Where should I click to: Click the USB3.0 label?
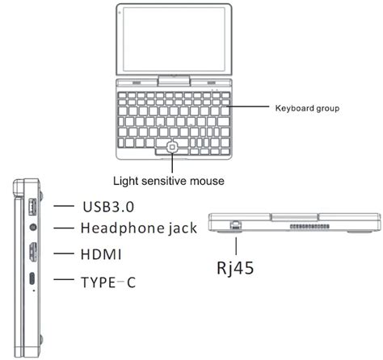(108, 207)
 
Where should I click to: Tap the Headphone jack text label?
(139, 228)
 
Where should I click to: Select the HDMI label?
(101, 254)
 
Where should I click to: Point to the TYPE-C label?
(108, 283)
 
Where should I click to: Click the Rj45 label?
(235, 268)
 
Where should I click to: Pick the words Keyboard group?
(307, 108)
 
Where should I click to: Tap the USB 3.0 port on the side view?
(32, 207)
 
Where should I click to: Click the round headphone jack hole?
(33, 228)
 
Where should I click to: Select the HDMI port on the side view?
(33, 253)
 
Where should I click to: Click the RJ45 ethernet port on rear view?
(236, 225)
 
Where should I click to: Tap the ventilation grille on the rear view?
(309, 227)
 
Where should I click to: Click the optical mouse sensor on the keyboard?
(172, 147)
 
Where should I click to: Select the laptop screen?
(174, 40)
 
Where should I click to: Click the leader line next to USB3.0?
(64, 206)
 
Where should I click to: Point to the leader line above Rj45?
(236, 246)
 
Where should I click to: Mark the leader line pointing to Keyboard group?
(248, 107)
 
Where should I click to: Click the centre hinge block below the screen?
(174, 81)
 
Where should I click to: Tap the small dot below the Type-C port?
(34, 291)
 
